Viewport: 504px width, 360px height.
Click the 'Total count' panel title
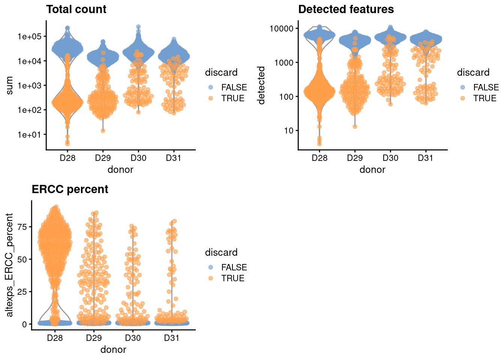(76, 9)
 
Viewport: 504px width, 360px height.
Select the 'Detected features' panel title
(346, 9)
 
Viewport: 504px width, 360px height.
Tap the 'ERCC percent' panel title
(70, 189)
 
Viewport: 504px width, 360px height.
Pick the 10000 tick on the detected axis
(281, 28)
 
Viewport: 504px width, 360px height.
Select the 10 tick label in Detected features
(289, 130)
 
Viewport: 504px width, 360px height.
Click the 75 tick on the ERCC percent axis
(22, 226)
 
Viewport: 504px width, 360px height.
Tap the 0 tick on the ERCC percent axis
(24, 324)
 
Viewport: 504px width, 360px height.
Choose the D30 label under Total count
(138, 158)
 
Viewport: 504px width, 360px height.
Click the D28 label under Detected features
(319, 158)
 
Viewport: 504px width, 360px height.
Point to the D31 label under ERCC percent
(172, 338)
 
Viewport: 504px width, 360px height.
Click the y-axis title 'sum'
(10, 85)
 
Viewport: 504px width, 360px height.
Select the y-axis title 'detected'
(261, 85)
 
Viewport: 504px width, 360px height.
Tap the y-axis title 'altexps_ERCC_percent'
(10, 265)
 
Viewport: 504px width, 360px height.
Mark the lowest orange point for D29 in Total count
(103, 130)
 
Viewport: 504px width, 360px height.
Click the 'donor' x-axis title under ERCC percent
(113, 349)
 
